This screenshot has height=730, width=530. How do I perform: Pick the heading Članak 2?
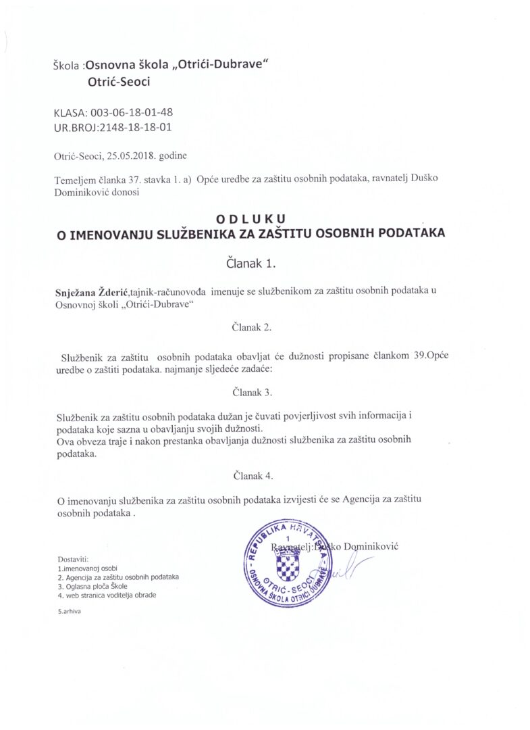pyautogui.click(x=252, y=327)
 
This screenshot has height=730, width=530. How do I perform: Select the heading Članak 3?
pyautogui.click(x=252, y=392)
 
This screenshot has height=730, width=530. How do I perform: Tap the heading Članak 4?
pyautogui.click(x=252, y=475)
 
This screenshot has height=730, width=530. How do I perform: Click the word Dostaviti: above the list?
pyautogui.click(x=74, y=559)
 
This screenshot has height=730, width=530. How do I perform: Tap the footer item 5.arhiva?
pyautogui.click(x=70, y=611)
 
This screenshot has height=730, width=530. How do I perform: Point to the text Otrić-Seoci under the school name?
pyautogui.click(x=118, y=82)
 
